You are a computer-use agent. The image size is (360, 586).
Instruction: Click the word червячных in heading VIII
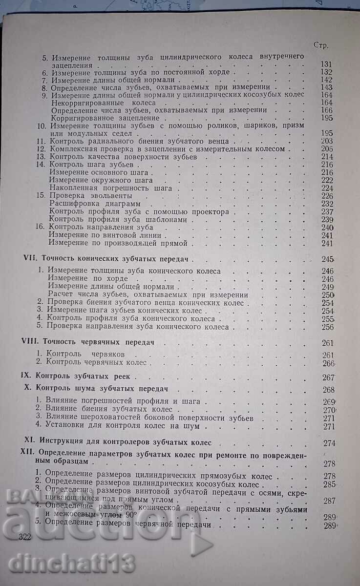102,343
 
